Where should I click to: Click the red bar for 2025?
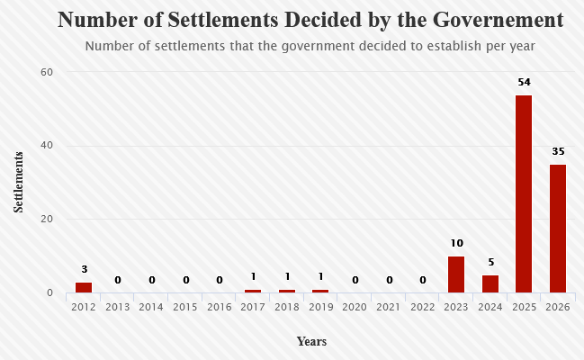524,193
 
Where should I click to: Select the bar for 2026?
558,229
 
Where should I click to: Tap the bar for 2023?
456,274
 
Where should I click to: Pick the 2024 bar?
490,284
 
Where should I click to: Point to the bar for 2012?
84,287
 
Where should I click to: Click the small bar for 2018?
287,291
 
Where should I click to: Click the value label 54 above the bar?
524,82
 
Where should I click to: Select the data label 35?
558,151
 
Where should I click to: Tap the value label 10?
456,243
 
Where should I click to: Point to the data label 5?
491,263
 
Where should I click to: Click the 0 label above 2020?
355,280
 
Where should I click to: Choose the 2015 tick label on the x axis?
185,307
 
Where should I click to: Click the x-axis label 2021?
388,307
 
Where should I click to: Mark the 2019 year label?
320,307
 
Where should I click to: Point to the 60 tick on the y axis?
47,72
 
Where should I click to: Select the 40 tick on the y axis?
47,145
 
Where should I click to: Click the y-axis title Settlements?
18,182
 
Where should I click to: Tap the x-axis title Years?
311,341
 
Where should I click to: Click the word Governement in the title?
499,20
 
